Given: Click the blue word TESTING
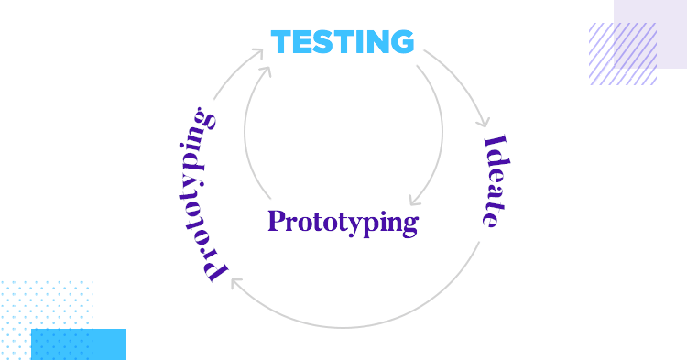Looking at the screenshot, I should (x=342, y=42).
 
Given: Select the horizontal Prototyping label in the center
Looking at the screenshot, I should (x=343, y=223).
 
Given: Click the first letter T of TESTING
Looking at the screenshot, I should (x=282, y=42).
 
